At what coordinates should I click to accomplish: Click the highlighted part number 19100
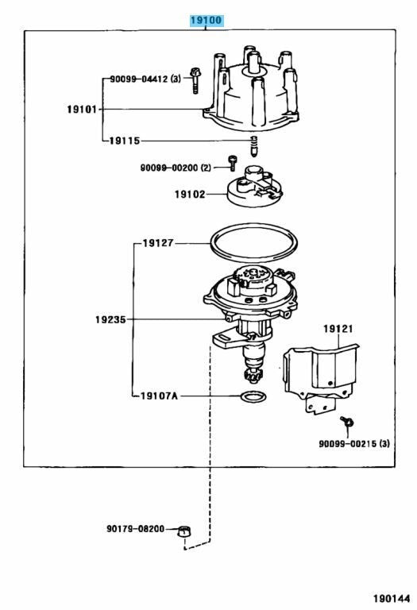click(x=207, y=20)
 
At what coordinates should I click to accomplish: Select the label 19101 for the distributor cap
click(x=82, y=110)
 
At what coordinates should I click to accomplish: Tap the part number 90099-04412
click(x=139, y=79)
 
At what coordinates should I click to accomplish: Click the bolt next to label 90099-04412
click(x=195, y=80)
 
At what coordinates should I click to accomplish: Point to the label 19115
click(x=124, y=141)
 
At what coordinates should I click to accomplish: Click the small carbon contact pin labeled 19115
click(x=253, y=147)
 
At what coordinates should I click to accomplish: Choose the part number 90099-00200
click(x=169, y=168)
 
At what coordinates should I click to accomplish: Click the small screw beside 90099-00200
click(x=232, y=163)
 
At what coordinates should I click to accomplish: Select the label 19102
click(x=190, y=194)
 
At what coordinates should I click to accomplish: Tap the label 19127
click(x=158, y=243)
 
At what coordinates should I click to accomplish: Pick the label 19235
click(x=110, y=320)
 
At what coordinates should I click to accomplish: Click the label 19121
click(x=338, y=329)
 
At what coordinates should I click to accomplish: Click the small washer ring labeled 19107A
click(x=253, y=397)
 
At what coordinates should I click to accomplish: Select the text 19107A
click(x=159, y=396)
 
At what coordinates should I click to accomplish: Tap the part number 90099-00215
click(x=348, y=443)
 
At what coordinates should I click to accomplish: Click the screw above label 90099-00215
click(x=346, y=421)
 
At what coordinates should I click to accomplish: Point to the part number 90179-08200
click(x=135, y=529)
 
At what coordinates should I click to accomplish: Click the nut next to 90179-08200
click(x=184, y=531)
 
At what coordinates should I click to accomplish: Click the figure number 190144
click(x=392, y=598)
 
